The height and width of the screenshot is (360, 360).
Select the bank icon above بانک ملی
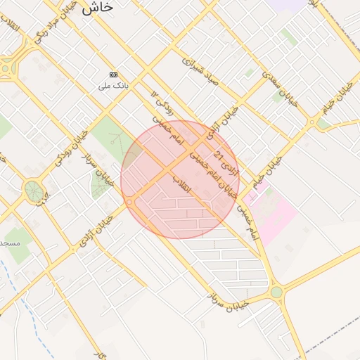pos(114,75)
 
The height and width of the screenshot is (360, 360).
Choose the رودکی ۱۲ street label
pos(163,101)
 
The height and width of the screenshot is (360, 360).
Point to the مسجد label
pos(10,243)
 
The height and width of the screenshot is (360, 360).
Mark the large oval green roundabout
pos(32,190)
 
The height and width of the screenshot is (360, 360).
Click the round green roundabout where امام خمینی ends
pos(276,292)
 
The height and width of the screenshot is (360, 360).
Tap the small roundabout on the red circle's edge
pos(130,202)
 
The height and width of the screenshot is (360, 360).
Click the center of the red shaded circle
pos(180,180)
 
